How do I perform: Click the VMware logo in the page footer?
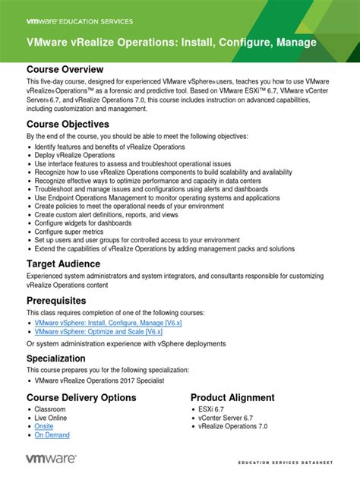(51, 458)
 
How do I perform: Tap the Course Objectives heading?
(68, 124)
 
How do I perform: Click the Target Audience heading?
(64, 263)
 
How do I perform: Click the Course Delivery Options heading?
(81, 397)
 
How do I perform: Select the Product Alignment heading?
(232, 397)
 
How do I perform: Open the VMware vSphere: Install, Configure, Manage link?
(109, 322)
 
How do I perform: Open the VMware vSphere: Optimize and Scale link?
(99, 331)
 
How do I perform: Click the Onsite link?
(44, 427)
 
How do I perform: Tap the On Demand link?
(52, 435)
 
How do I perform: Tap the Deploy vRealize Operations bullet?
(75, 154)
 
